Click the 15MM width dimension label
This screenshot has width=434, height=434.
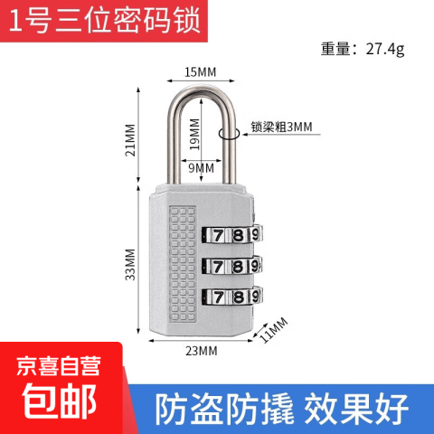click(x=201, y=72)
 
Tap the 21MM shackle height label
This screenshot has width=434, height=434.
click(x=130, y=140)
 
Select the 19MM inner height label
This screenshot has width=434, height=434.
click(x=194, y=135)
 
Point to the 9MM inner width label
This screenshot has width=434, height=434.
click(x=202, y=168)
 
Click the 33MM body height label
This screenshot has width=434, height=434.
click(x=130, y=265)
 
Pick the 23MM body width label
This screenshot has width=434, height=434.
click(x=202, y=351)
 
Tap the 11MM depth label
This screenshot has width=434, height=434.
click(x=274, y=330)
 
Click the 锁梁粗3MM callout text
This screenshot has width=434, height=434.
click(x=282, y=127)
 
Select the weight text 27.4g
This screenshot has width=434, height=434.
click(x=385, y=49)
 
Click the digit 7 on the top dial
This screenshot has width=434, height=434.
click(x=218, y=235)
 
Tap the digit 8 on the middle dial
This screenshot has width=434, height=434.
click(x=238, y=267)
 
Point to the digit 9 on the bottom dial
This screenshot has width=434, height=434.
click(x=255, y=297)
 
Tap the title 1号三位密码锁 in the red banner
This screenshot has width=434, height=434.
click(x=105, y=21)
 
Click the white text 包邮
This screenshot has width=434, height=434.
click(x=60, y=401)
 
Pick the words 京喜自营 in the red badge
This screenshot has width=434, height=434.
click(x=59, y=365)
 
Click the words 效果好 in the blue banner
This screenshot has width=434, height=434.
click(x=356, y=410)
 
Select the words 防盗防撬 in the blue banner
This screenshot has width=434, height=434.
click(x=224, y=410)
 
